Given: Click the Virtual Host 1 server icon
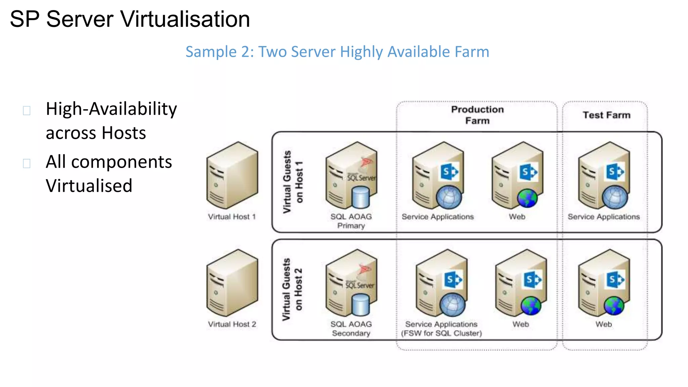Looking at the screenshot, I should point(232,175).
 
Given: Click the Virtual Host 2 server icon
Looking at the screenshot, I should point(232,283).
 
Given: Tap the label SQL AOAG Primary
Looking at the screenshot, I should point(351,221).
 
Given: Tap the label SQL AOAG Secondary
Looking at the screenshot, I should point(351,329).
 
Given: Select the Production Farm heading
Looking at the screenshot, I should point(477,115).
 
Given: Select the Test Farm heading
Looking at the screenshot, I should point(606,115).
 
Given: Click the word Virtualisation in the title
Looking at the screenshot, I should point(185,19).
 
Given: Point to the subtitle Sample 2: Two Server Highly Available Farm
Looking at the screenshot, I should point(337,52).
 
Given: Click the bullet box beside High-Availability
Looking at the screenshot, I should point(27,111).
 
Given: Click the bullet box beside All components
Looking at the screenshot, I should point(27,164).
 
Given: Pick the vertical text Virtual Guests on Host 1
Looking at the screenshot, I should point(293,182).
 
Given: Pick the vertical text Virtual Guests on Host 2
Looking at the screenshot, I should point(292,289).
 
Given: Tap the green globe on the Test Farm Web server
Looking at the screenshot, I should point(613,306).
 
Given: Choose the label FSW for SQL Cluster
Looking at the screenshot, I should point(441,333).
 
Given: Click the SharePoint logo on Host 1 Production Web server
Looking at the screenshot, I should point(528,172).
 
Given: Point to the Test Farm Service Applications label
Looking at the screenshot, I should point(604,217).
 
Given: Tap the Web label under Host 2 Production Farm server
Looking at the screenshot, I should point(520,324).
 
